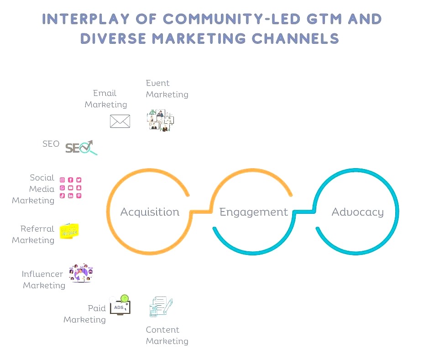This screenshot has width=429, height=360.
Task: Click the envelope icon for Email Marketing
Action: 120,122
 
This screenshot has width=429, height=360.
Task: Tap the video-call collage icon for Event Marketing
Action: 160,120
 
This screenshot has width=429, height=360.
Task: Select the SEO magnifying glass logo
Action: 81,148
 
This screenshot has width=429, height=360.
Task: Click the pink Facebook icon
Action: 71,180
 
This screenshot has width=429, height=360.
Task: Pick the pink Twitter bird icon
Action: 79,180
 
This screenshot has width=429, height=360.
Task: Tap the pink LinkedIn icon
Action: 71,196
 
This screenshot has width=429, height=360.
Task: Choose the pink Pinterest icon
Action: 79,196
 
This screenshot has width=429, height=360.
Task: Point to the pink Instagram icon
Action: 63,180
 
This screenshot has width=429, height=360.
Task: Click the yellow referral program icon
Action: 69,231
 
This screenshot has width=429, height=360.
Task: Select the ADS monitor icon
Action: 120,305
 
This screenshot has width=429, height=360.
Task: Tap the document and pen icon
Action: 161,306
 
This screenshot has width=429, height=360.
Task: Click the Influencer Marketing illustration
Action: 81,273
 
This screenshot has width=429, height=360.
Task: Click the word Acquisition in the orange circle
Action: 150,212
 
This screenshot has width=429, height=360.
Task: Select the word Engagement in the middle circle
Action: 254,212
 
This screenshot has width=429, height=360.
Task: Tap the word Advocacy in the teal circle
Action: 358,212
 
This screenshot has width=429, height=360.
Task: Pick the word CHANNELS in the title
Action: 295,38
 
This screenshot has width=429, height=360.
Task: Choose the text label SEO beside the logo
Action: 51,144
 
